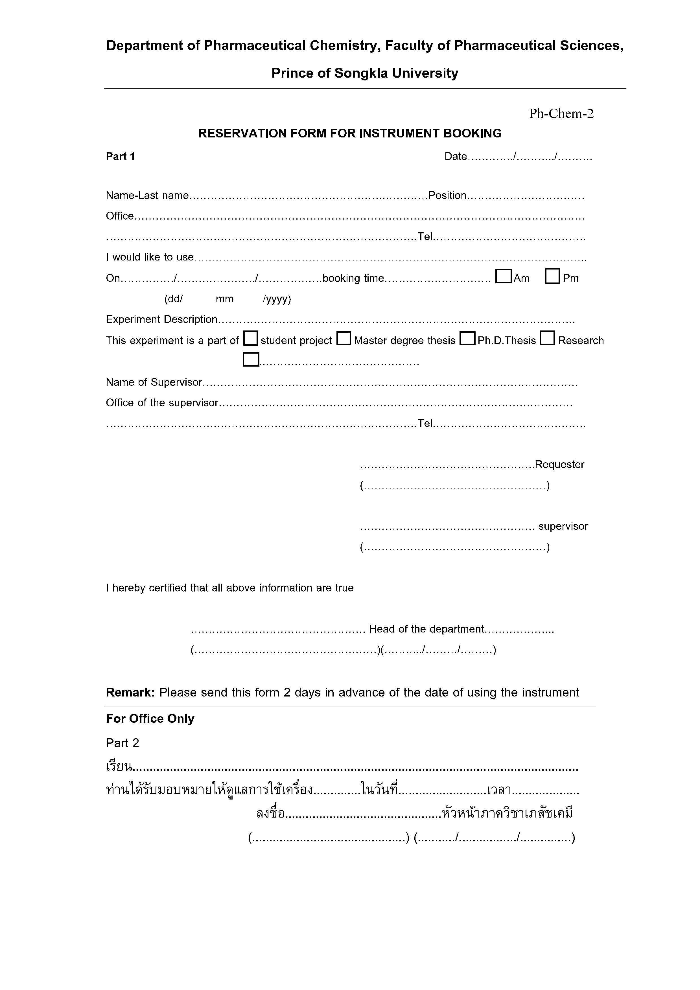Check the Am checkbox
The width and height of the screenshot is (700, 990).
[503, 276]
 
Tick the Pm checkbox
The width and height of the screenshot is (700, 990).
[552, 276]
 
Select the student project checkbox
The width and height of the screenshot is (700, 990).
[251, 338]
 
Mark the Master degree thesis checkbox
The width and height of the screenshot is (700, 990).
[344, 338]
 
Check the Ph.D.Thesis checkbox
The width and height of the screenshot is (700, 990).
[467, 338]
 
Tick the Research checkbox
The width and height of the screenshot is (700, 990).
[547, 338]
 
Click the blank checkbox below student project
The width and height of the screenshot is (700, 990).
[251, 360]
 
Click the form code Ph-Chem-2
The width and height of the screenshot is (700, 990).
[561, 113]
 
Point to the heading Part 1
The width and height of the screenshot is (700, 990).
[120, 157]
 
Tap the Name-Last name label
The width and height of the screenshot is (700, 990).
[147, 196]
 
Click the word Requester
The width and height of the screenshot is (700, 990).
[559, 465]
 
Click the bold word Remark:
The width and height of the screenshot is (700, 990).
[130, 693]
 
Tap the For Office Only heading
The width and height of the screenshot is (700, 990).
[150, 719]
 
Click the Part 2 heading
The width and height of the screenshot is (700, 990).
[123, 743]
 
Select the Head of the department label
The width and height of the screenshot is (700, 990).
[426, 629]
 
